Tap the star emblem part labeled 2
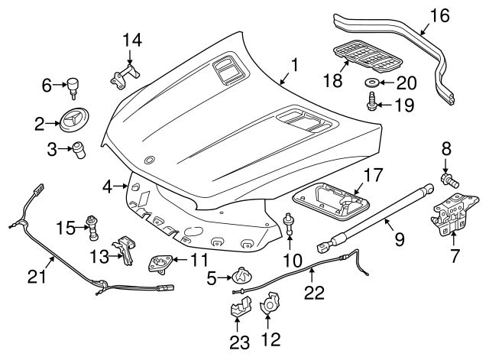(x=73, y=121)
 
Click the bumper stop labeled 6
(x=73, y=85)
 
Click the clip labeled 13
(x=125, y=248)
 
